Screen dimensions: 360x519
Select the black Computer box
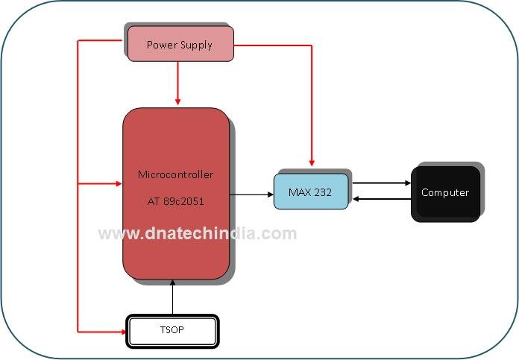click(x=445, y=193)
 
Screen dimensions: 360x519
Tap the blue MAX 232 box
click(x=310, y=192)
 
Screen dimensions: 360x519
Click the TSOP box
click(x=172, y=331)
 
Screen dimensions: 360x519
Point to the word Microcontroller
click(x=175, y=174)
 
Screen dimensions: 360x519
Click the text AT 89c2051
click(x=175, y=201)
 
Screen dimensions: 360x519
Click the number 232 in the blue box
click(x=323, y=192)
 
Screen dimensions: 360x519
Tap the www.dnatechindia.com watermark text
click(x=198, y=233)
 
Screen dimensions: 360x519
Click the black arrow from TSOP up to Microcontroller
click(x=172, y=298)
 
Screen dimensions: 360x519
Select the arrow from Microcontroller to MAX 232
click(x=251, y=195)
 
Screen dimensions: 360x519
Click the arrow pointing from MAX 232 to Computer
click(x=380, y=183)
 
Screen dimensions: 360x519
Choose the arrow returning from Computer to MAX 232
click(x=380, y=198)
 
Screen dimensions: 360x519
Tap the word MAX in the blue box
click(x=300, y=192)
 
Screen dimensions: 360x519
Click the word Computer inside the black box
click(x=445, y=192)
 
